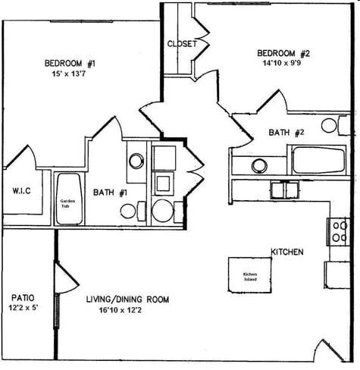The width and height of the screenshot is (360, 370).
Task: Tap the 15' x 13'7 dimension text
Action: [70, 74]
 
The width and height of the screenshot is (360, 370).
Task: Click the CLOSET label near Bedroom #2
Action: [182, 44]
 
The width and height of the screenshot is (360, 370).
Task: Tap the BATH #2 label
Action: [286, 133]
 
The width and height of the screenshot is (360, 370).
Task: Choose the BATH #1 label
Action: [110, 193]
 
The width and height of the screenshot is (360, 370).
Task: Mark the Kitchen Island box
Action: [250, 275]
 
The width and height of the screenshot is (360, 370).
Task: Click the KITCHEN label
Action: [288, 252]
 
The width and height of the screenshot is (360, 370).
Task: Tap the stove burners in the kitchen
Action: [337, 232]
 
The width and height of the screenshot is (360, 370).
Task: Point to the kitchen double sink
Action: [283, 190]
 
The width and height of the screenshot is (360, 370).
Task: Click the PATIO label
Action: [20, 297]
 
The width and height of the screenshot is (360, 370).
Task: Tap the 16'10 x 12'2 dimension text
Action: [124, 311]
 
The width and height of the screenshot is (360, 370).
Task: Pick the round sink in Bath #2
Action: [259, 165]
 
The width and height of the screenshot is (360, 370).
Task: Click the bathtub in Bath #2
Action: [318, 161]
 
